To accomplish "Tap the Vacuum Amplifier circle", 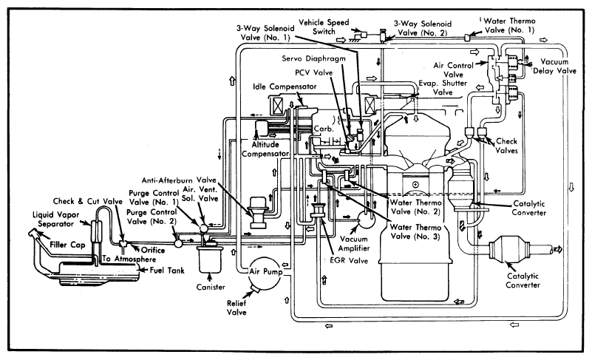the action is [x=367, y=219].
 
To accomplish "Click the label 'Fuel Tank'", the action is [x=167, y=270].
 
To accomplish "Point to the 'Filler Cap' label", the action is [x=67, y=245].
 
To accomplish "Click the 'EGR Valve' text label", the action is [x=349, y=260].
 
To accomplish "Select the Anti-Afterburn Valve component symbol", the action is [x=259, y=212].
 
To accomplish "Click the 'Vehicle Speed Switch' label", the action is [x=324, y=27].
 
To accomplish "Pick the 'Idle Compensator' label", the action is [x=285, y=86].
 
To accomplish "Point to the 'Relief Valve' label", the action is [x=237, y=308].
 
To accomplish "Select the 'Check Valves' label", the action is [x=507, y=146].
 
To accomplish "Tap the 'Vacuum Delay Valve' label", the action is [x=554, y=66].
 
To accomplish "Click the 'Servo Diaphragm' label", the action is [x=314, y=58].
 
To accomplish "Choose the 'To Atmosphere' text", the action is [x=129, y=259].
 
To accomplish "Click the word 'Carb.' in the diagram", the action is [x=324, y=129].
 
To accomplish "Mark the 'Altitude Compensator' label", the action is [x=265, y=149].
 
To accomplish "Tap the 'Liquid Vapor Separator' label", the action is [x=56, y=219].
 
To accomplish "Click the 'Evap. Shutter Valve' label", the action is [x=443, y=88].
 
